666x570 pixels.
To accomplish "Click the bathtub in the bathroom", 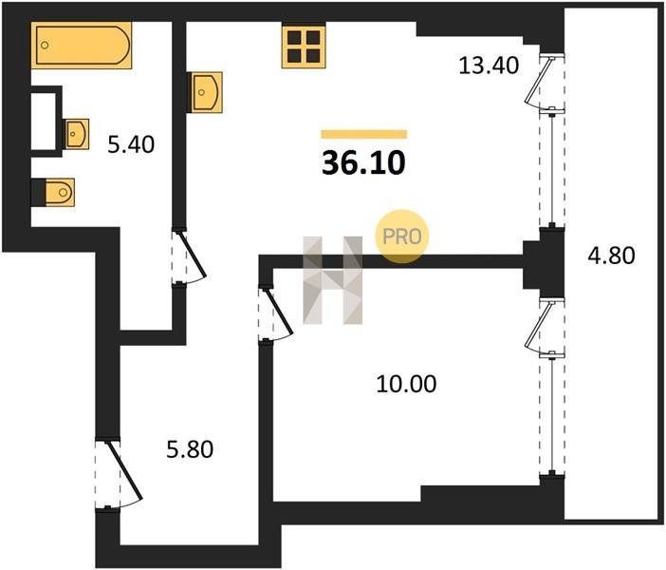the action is tap(82, 45).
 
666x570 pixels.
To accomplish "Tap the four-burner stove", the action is tap(304, 47).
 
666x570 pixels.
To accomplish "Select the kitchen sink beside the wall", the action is tap(207, 92).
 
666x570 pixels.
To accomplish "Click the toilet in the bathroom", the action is tap(59, 192).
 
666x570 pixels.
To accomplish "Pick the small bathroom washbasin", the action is tap(77, 134).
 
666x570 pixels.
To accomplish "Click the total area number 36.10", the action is tap(363, 163).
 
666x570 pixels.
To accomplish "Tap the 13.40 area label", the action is tap(489, 66).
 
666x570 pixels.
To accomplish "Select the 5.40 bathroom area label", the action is tap(131, 144).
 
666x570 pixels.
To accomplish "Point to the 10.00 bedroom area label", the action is tap(406, 384).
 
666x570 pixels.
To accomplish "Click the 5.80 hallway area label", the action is tap(190, 449).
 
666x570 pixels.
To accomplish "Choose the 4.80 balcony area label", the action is tap(612, 256).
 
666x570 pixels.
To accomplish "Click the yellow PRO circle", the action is tap(401, 237).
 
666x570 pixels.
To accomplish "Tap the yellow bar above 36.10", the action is tap(364, 134).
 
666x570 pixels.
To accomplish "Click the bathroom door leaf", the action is tap(193, 255).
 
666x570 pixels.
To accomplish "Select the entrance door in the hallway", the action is tap(124, 470).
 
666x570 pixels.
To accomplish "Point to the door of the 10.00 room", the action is tap(279, 312).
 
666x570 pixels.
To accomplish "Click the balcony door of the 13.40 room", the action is tap(539, 81).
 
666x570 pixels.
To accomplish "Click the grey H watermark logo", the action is tap(333, 280).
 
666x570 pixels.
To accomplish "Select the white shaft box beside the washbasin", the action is tap(44, 122).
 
